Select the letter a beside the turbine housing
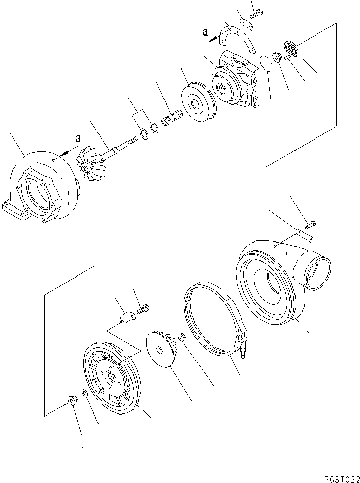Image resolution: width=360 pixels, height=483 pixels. tap(78, 139)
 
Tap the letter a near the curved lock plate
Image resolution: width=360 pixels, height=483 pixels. tap(205, 32)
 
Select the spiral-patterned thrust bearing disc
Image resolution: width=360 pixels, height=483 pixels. tap(291, 49)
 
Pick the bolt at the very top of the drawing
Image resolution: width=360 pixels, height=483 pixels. tap(254, 12)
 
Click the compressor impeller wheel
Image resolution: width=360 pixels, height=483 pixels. tap(160, 350)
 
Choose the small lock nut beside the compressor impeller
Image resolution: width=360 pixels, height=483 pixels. tap(181, 336)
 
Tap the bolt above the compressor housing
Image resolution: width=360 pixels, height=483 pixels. tap(311, 223)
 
